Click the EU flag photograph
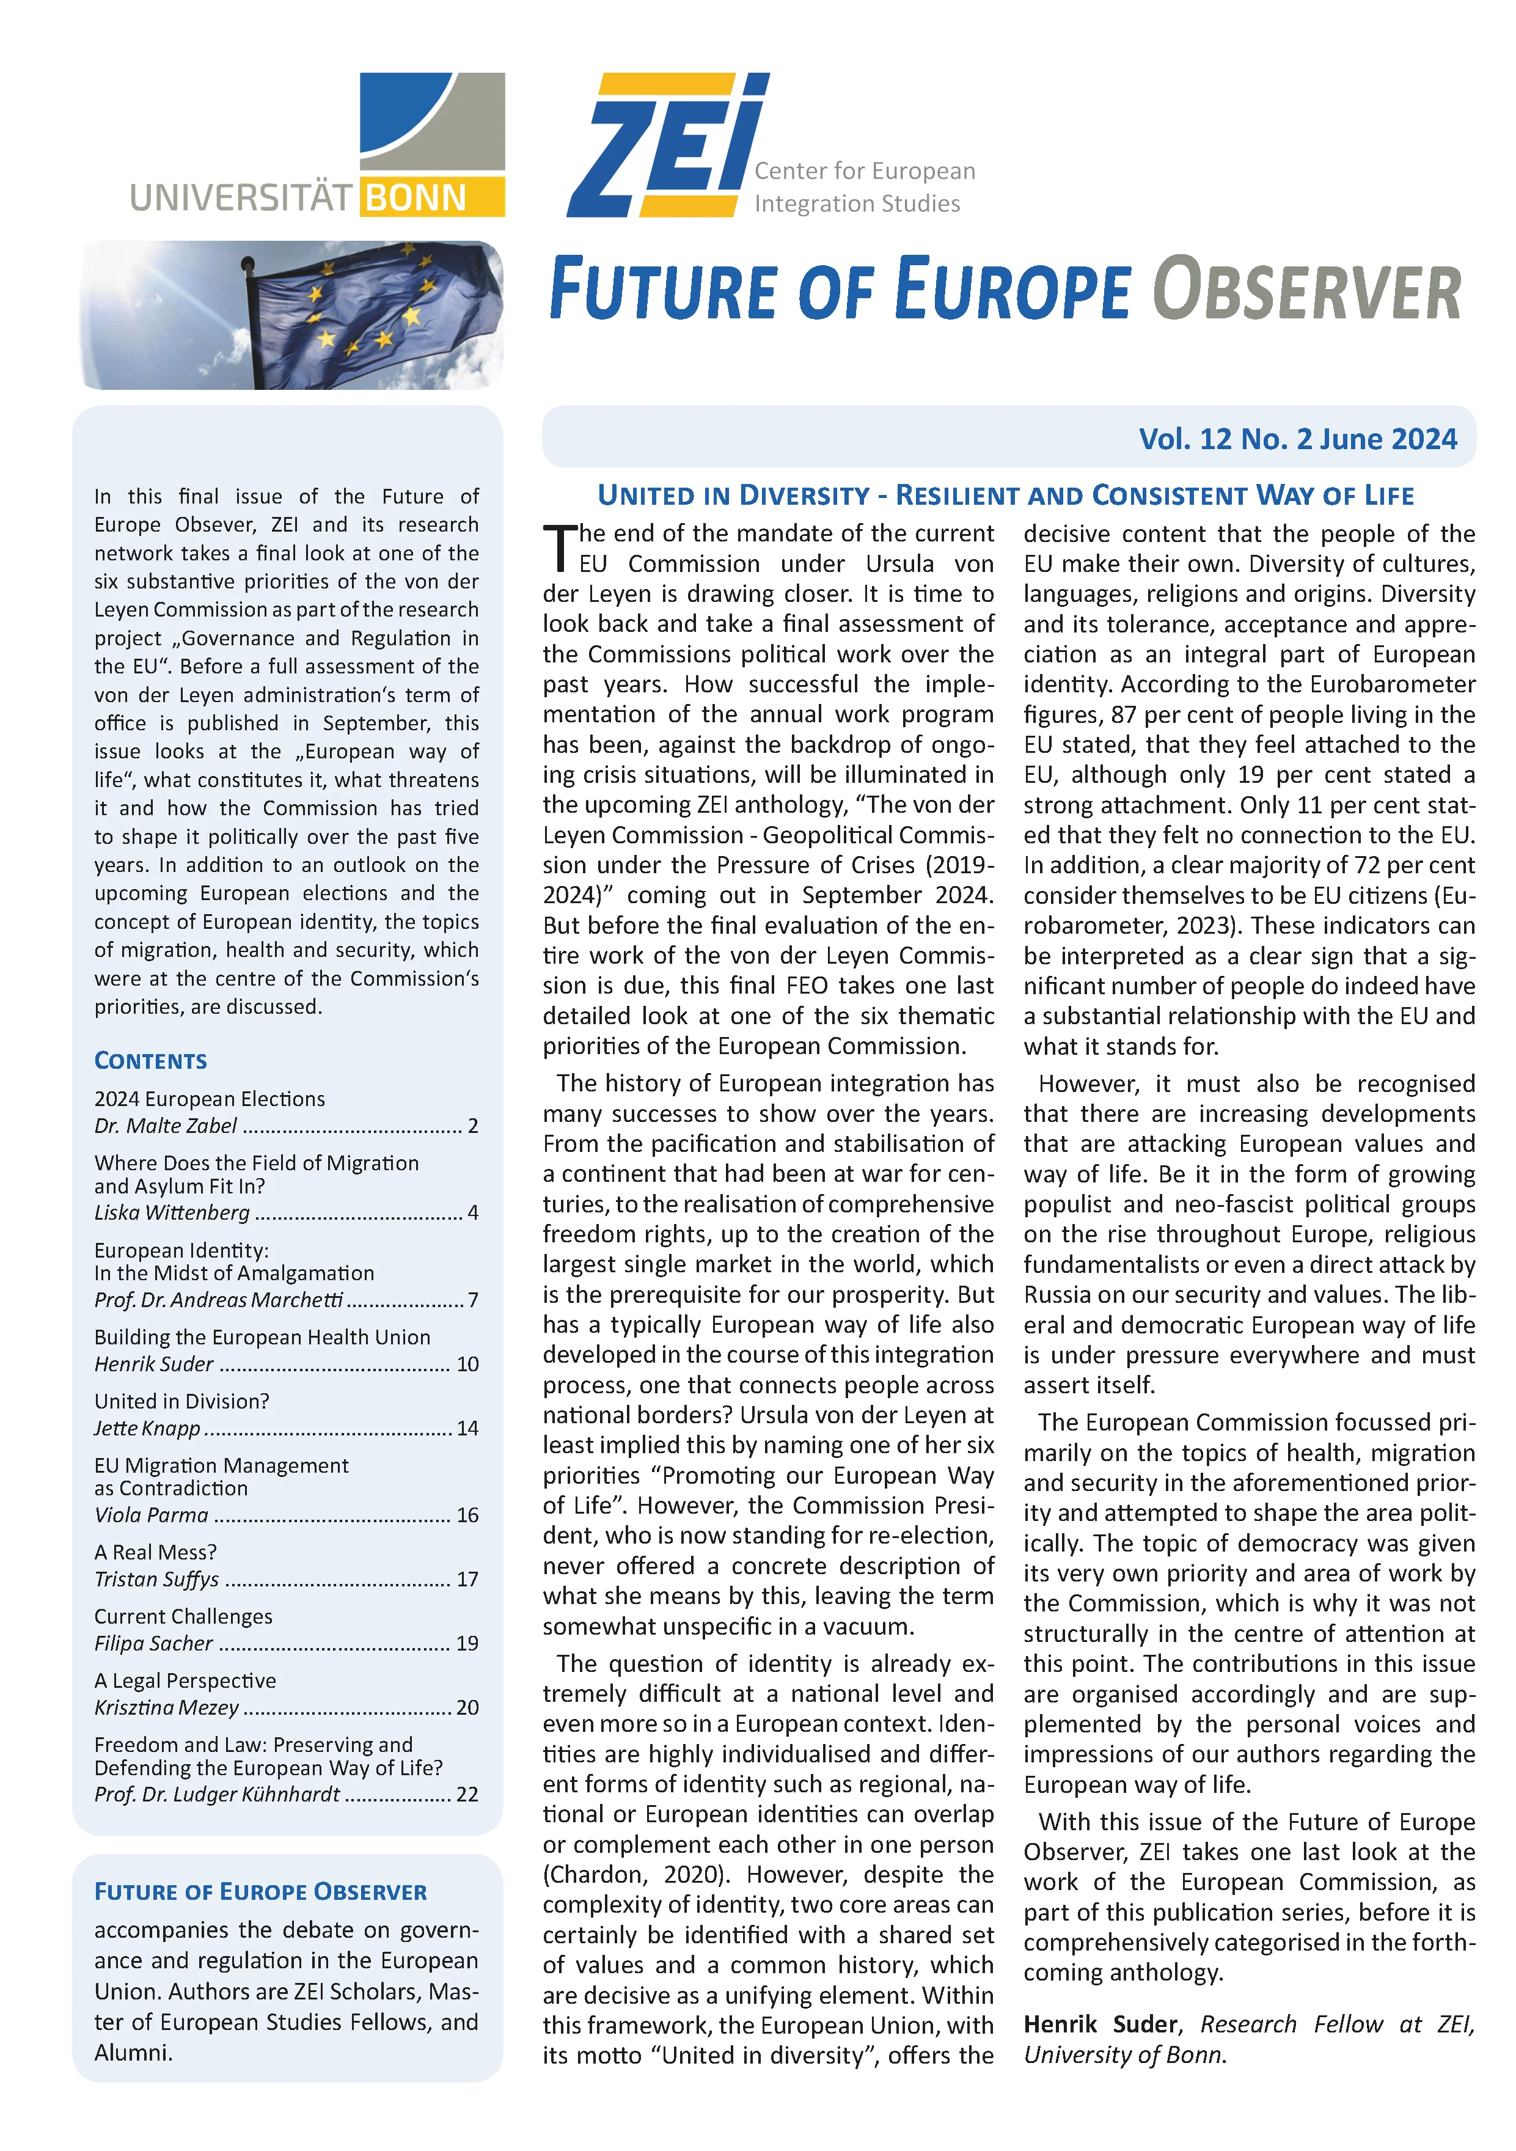pyautogui.click(x=292, y=315)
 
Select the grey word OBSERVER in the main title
pyautogui.click(x=1306, y=290)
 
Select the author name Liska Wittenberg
pyautogui.click(x=172, y=1212)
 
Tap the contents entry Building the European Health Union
pyautogui.click(x=262, y=1337)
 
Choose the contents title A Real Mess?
pyautogui.click(x=156, y=1552)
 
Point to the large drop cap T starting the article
pyautogui.click(x=559, y=548)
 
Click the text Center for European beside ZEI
pyautogui.click(x=864, y=170)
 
